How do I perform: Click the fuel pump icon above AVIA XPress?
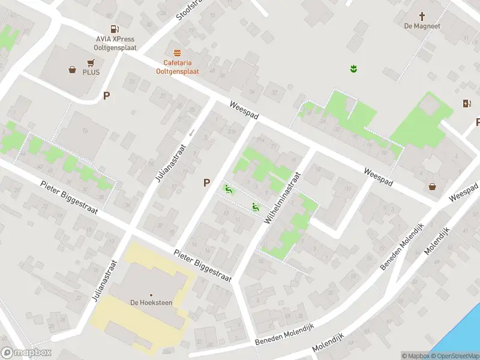113,28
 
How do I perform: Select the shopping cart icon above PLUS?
91,62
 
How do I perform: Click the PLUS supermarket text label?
91,72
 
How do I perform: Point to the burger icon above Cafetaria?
177,53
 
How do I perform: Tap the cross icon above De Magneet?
422,16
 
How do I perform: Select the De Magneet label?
422,26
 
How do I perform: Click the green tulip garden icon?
354,69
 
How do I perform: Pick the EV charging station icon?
467,103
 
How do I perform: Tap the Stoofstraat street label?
187,11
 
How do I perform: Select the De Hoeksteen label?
151,302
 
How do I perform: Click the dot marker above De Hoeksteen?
151,295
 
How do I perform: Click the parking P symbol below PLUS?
107,95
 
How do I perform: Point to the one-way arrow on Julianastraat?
191,132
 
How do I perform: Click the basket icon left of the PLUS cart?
73,70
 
